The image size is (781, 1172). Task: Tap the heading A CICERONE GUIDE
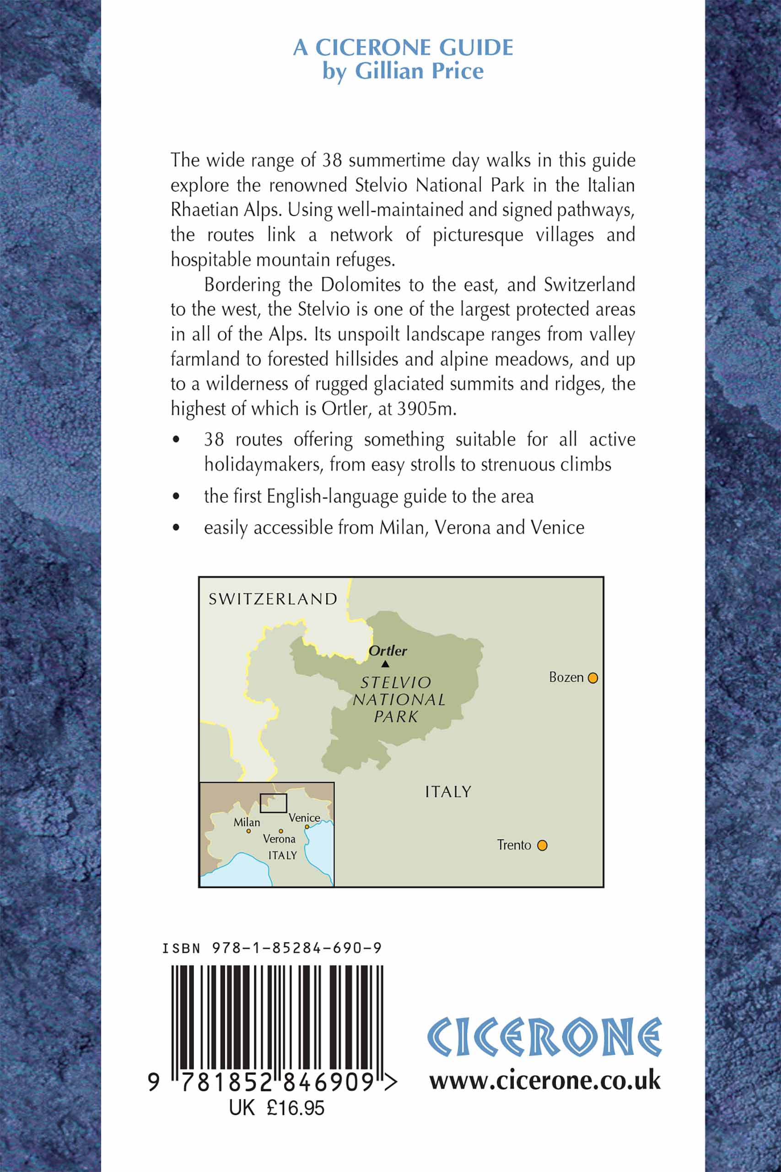(403, 47)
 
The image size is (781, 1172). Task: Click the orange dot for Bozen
(592, 678)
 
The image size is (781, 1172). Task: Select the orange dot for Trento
(543, 845)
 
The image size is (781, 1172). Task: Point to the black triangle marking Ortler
(385, 664)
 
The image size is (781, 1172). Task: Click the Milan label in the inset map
(247, 822)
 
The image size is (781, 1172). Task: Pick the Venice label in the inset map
(304, 817)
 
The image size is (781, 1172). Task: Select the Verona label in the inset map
(279, 839)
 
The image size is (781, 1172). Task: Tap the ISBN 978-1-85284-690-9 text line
(272, 948)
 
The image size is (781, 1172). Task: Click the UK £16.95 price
(276, 1108)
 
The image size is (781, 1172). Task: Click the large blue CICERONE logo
(544, 1037)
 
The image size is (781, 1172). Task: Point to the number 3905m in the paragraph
(426, 409)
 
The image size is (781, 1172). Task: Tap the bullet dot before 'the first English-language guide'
(176, 496)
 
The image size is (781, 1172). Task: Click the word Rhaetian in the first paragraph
(204, 210)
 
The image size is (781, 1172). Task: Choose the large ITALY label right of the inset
(448, 792)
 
